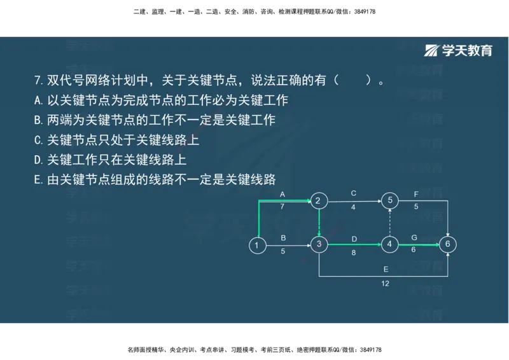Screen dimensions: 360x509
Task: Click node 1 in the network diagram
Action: tap(257, 245)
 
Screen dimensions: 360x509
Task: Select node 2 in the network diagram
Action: tap(319, 202)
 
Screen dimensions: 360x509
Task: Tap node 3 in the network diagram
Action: tap(319, 244)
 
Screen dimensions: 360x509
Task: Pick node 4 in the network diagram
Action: tap(389, 244)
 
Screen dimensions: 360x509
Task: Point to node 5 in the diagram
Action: tap(389, 202)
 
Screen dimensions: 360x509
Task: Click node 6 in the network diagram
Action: tap(448, 244)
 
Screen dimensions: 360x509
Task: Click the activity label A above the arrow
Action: tap(282, 193)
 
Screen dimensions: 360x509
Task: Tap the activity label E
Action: tap(386, 270)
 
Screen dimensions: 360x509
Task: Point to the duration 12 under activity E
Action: tap(386, 284)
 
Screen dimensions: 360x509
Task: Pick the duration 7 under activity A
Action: tap(282, 207)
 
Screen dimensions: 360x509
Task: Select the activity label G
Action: tap(414, 237)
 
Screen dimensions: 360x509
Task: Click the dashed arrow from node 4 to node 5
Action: tap(389, 223)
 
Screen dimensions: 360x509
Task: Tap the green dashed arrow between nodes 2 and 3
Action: tap(319, 223)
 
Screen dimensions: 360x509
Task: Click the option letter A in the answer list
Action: tap(38, 100)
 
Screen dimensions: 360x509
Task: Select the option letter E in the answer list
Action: tap(38, 180)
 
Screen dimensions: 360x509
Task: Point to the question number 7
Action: tap(38, 81)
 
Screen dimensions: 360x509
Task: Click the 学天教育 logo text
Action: tap(468, 51)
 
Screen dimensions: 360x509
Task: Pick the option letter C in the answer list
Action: tap(38, 140)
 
